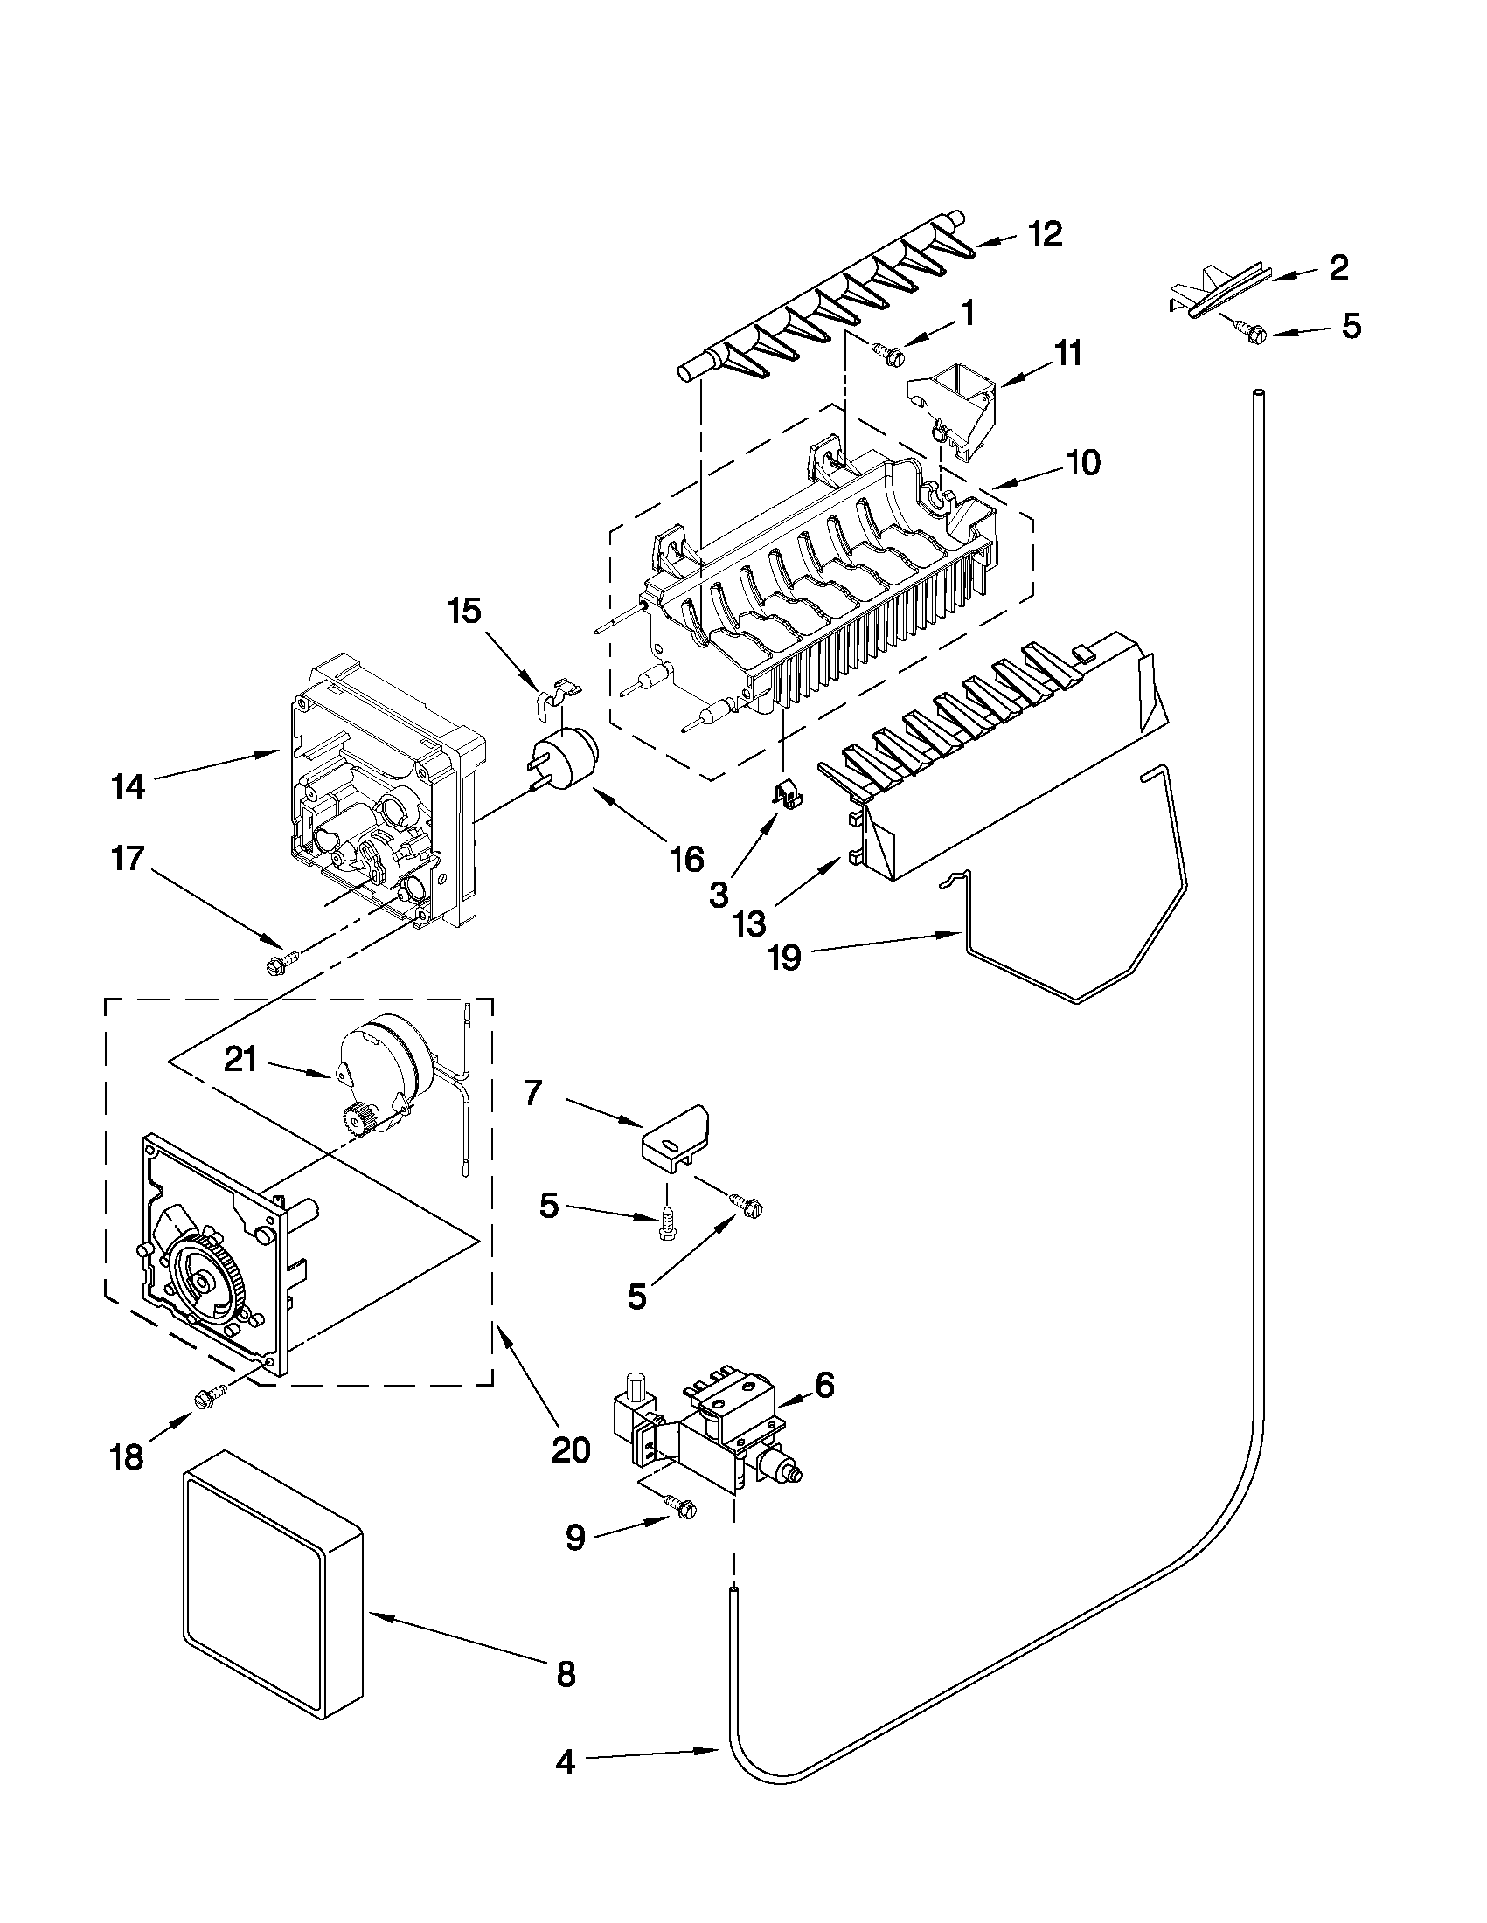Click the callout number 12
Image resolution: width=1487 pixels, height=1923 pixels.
coord(1046,235)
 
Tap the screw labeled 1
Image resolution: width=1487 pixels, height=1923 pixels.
coord(884,352)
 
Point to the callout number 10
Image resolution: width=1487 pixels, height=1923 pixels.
coord(1084,462)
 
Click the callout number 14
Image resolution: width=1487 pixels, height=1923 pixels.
coord(128,786)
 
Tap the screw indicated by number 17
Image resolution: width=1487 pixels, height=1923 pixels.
coord(280,964)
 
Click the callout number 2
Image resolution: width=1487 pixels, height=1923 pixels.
coord(1338,267)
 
